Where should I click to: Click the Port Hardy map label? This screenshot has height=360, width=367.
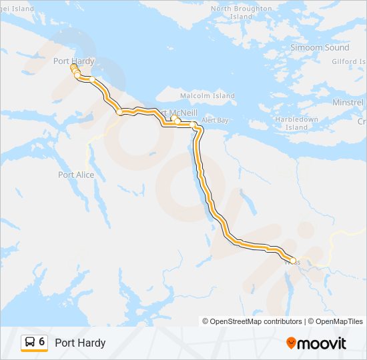click(73, 61)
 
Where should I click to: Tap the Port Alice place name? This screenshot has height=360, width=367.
click(76, 175)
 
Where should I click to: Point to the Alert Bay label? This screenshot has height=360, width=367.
click(214, 120)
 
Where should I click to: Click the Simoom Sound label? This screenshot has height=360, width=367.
click(320, 48)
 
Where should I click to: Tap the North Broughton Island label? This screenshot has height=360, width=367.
click(241, 13)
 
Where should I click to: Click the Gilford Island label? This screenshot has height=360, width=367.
click(349, 61)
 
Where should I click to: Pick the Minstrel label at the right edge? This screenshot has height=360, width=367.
click(348, 103)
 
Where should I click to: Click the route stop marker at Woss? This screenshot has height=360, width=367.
click(292, 261)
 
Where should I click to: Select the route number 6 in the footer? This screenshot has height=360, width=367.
click(42, 343)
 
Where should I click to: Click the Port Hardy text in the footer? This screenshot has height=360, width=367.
click(80, 343)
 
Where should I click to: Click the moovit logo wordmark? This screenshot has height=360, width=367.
click(322, 343)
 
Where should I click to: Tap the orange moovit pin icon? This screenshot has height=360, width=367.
click(291, 343)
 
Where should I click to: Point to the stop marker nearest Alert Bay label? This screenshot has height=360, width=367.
click(193, 125)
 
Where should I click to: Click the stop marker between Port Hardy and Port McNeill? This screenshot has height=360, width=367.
click(120, 113)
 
